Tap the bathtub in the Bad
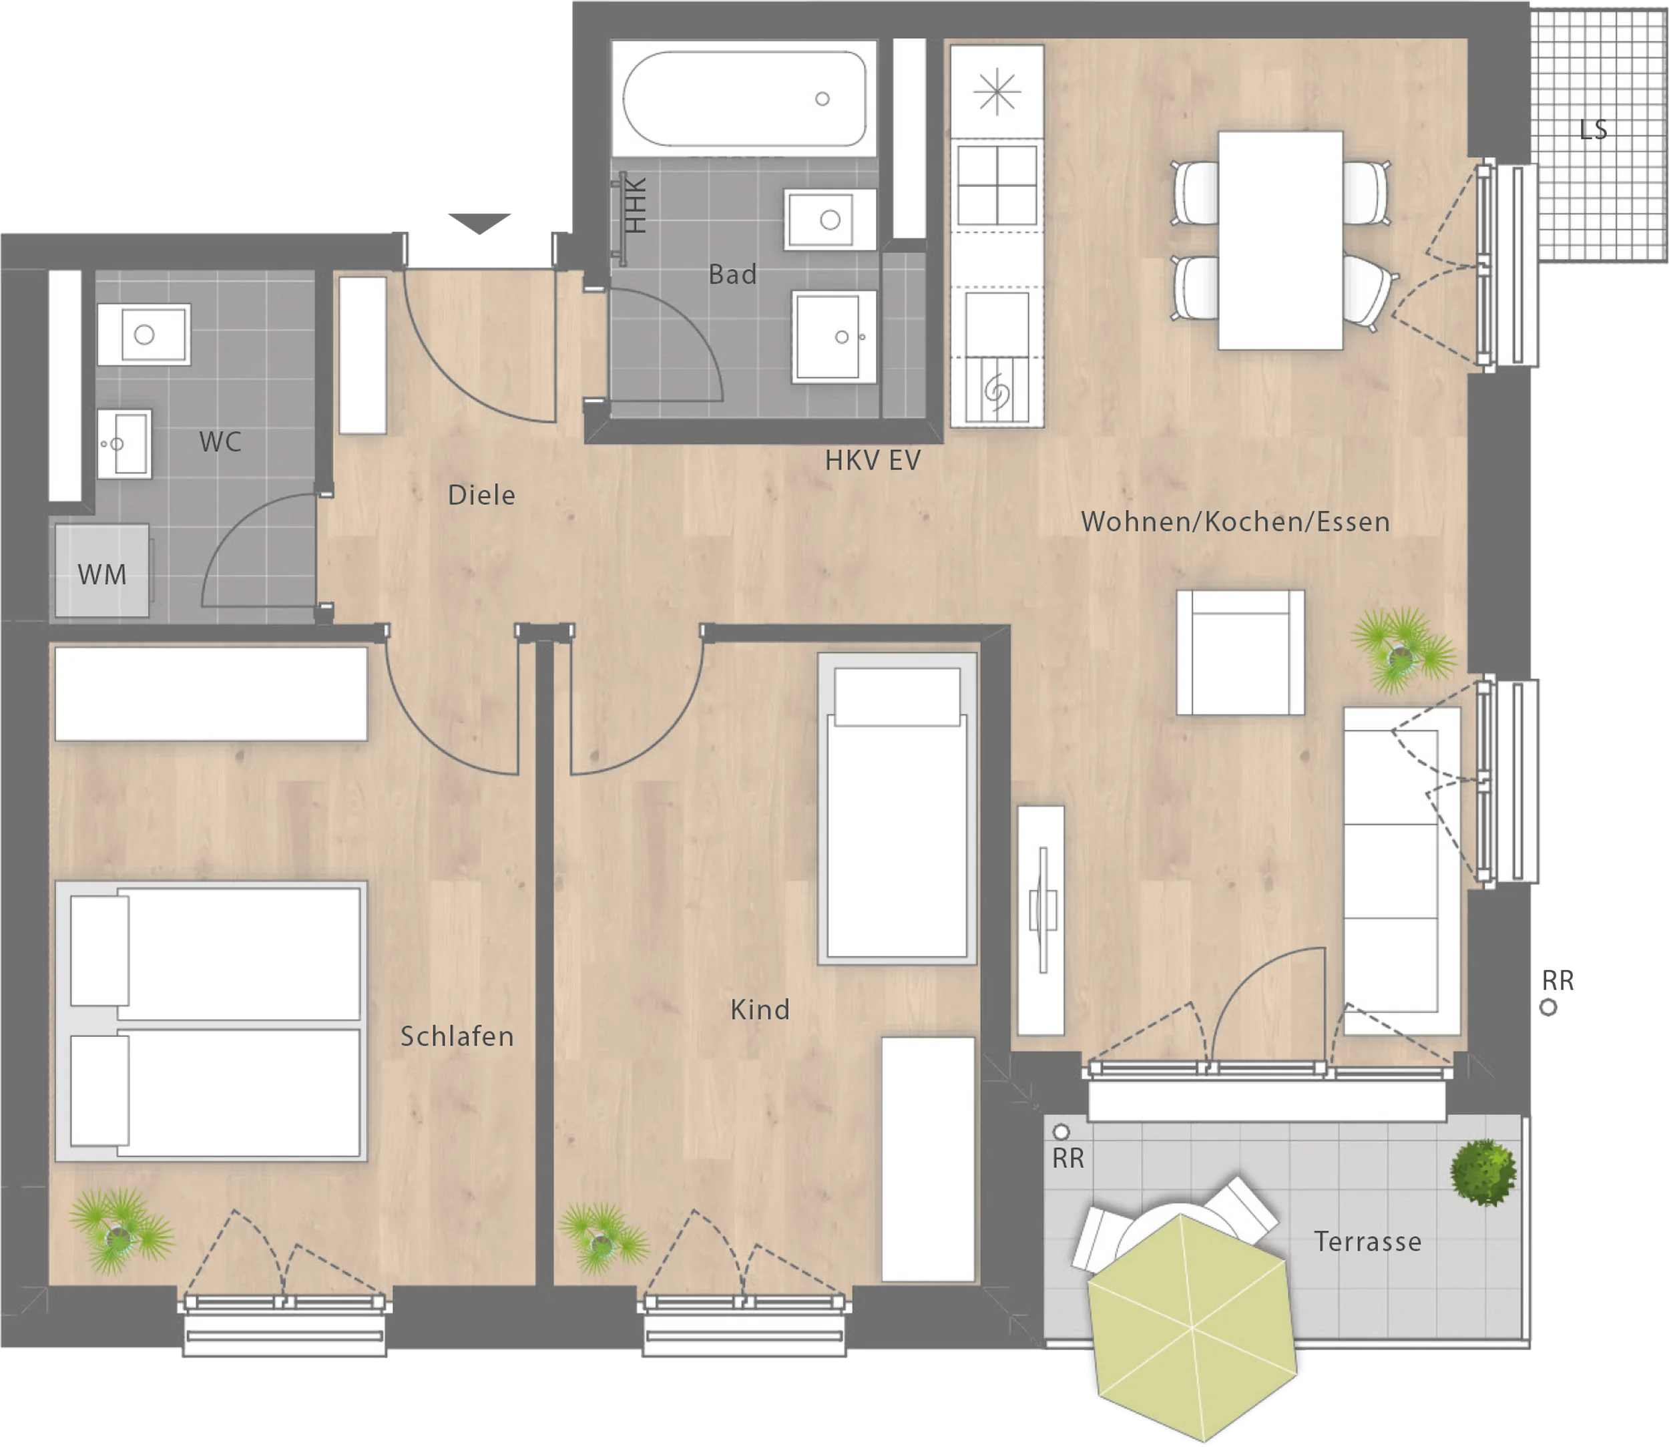[x=744, y=99]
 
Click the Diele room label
[x=481, y=495]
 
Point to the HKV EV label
[x=872, y=460]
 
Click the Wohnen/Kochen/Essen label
[x=1236, y=522]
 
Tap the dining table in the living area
[x=1280, y=240]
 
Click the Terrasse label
[x=1368, y=1241]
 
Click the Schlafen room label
[x=457, y=1036]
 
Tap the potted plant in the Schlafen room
[x=120, y=1231]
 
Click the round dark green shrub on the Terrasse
[x=1483, y=1173]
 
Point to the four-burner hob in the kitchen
[x=997, y=185]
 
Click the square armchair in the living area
[x=1240, y=652]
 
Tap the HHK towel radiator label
[x=636, y=206]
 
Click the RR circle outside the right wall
[x=1548, y=1008]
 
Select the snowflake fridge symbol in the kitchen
[x=997, y=92]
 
